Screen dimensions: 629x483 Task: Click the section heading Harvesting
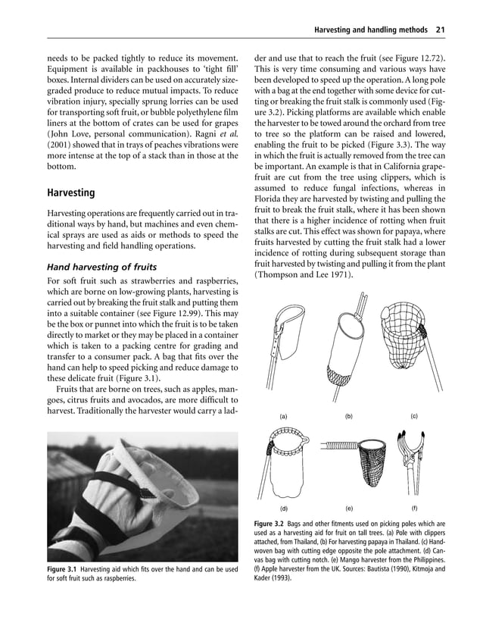[x=73, y=192]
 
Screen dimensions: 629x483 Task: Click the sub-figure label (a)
[x=283, y=417]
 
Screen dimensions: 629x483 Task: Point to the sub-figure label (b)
[x=349, y=417]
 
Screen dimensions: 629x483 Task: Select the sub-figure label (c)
[x=414, y=416]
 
